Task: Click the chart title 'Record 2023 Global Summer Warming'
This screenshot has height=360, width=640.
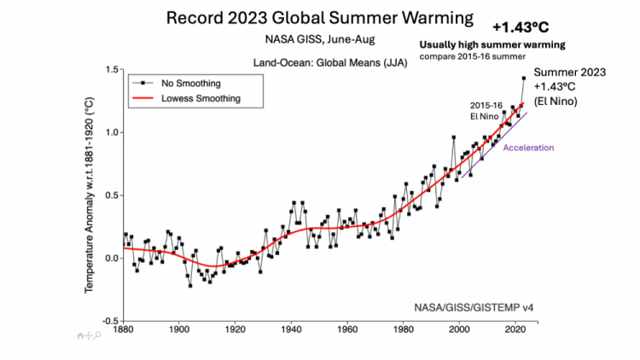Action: [320, 19]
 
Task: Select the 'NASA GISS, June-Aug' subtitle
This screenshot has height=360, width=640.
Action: [320, 39]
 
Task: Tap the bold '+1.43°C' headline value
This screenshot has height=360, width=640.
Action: [521, 27]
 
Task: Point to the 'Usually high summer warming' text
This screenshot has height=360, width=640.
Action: [492, 45]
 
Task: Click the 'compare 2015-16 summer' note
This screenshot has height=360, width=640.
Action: [473, 56]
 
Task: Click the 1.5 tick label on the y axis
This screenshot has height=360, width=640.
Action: [112, 69]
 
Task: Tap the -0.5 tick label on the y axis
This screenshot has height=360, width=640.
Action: [110, 322]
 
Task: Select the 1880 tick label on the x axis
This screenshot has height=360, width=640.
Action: [123, 329]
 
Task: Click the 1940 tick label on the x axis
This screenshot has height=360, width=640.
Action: [292, 329]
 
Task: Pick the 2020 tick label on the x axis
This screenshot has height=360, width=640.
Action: [515, 329]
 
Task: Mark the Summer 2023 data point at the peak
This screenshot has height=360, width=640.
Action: [524, 78]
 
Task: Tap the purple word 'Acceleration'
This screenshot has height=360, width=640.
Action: [528, 148]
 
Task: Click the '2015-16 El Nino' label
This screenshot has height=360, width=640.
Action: [486, 111]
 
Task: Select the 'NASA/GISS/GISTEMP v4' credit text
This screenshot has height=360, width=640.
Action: [474, 307]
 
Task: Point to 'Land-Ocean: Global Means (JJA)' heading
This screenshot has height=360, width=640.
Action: [330, 63]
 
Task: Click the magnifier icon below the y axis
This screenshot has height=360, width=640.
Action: [97, 335]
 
